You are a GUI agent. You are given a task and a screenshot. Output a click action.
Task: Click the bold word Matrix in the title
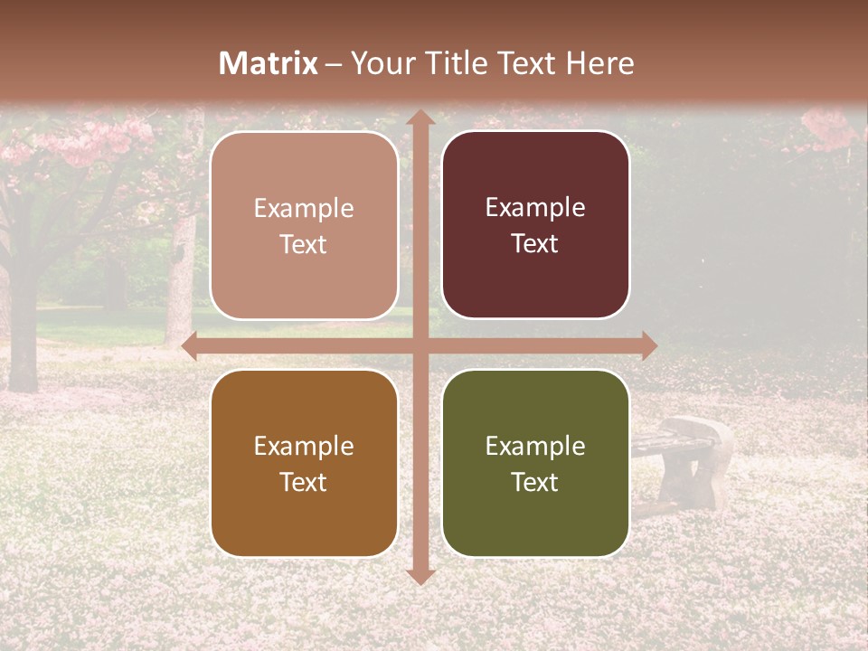269,63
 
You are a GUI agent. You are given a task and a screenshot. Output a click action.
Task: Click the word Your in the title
377,63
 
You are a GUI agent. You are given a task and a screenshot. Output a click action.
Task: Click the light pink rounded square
304,225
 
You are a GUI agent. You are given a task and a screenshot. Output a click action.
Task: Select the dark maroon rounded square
535,225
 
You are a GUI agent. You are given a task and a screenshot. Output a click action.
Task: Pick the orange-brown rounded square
304,463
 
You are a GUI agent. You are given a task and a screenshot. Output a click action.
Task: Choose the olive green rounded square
535,463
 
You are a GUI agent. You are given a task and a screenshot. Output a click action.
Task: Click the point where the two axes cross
420,346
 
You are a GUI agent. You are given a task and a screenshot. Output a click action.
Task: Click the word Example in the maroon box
535,208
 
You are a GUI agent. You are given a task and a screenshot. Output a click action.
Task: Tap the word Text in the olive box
535,483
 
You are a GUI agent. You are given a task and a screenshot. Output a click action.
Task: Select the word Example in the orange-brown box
304,446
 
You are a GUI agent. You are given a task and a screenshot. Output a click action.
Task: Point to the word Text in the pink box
304,245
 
